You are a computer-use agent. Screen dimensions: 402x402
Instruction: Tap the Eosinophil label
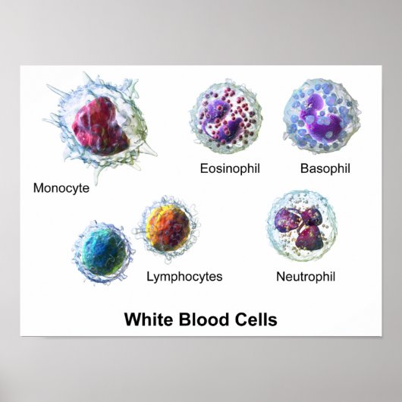coord(230,168)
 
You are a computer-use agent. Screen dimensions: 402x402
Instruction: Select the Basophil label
coord(324,168)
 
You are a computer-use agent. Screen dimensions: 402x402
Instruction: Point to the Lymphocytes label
coord(184,277)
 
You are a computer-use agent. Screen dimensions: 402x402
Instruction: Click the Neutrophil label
coord(304,277)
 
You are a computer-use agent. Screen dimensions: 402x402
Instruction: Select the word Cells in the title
coord(256,319)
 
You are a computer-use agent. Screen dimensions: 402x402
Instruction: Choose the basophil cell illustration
coord(316,118)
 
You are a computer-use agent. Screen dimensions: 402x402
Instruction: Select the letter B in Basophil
coord(304,168)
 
